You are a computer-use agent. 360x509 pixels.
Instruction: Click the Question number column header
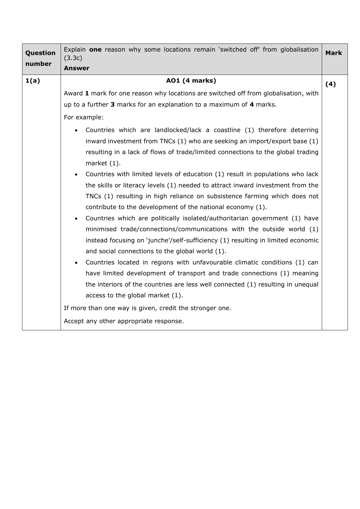[40, 58]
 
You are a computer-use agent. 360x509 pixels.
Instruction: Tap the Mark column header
[334, 53]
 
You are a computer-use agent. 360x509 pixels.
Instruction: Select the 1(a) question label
[33, 81]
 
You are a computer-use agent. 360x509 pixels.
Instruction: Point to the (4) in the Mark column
[330, 84]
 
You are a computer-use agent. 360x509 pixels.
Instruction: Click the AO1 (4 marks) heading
[191, 81]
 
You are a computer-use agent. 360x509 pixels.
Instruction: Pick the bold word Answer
[76, 68]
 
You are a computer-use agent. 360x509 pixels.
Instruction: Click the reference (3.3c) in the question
[73, 58]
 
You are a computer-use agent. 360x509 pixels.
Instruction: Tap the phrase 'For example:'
[84, 117]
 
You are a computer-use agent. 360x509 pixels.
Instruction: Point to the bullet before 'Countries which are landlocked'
[76, 131]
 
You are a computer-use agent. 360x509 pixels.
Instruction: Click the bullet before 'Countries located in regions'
[76, 263]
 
